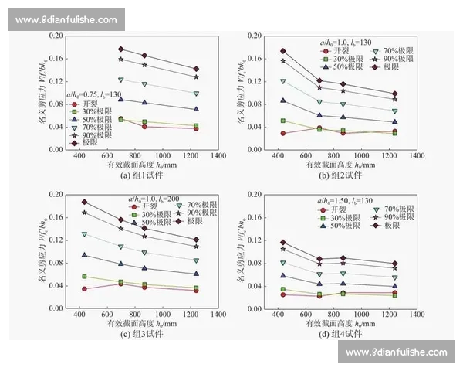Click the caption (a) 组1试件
click(x=137, y=175)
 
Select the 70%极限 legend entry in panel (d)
click(x=366, y=209)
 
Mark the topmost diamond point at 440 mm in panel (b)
click(x=282, y=51)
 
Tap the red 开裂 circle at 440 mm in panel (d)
click(x=282, y=294)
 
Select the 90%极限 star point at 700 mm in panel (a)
click(x=121, y=60)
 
